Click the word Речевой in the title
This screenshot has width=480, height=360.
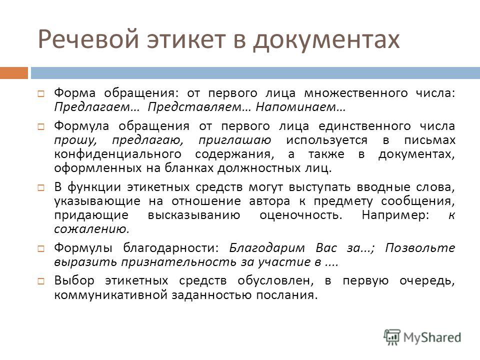[88, 39]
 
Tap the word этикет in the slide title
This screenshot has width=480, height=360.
[186, 39]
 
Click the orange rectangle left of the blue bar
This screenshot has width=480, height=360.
[14, 73]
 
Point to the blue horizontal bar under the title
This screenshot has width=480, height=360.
[255, 73]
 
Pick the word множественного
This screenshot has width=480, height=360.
[355, 93]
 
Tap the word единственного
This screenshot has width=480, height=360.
[364, 126]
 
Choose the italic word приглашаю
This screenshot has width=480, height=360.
[235, 140]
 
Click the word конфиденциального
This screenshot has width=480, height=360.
[118, 154]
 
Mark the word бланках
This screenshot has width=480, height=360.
[189, 168]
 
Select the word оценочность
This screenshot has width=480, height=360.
[301, 215]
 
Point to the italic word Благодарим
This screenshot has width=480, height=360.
[267, 247]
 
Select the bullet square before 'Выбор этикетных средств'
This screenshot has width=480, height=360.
[41, 280]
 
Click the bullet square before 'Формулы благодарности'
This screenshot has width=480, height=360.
[41, 248]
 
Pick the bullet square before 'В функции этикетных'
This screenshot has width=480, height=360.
[41, 187]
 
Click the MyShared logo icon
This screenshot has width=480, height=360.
[392, 337]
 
